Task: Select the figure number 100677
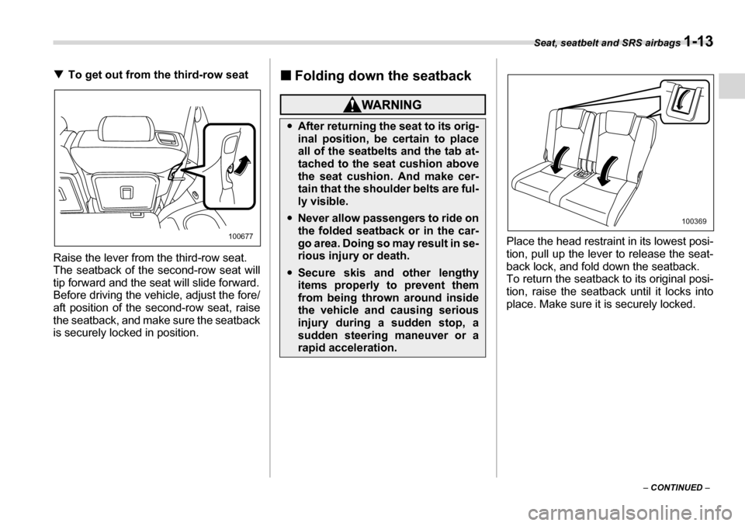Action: [x=241, y=234]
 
